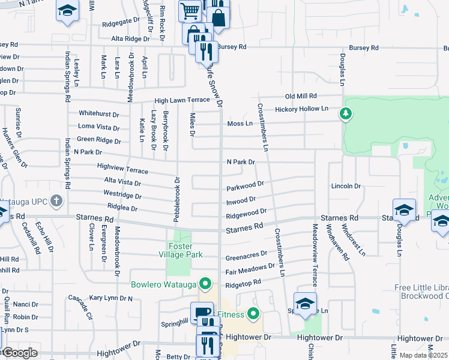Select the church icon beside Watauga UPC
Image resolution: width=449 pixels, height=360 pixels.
click(56, 200)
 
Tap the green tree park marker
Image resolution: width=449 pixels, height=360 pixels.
click(346, 113)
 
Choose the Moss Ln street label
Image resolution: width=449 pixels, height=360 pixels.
click(240, 124)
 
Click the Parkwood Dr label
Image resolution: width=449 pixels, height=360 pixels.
click(245, 185)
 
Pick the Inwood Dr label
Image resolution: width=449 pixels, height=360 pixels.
click(241, 199)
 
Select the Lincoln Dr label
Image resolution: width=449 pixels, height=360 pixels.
click(346, 186)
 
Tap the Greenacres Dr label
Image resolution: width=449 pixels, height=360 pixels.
click(246, 257)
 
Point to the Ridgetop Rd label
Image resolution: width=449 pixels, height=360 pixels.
click(244, 282)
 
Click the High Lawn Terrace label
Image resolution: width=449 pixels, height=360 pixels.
click(181, 101)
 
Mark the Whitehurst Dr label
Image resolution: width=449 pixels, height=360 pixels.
click(99, 113)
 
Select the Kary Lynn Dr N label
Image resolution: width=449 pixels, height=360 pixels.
click(111, 298)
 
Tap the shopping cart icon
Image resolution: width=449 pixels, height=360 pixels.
click(190, 10)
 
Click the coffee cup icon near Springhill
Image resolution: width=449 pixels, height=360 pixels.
click(202, 312)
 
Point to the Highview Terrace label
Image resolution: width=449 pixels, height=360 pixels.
click(122, 169)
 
